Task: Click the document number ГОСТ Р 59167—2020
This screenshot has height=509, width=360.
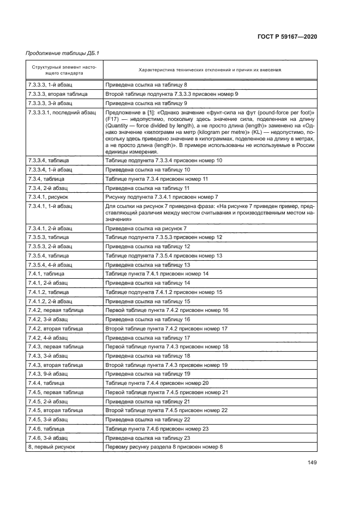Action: point(287,36)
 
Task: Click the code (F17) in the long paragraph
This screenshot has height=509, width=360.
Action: point(113,119)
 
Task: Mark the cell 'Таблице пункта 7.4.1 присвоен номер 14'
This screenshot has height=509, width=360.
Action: point(157,273)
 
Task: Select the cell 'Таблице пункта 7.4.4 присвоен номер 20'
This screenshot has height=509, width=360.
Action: point(157,383)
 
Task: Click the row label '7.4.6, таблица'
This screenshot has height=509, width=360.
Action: point(46,428)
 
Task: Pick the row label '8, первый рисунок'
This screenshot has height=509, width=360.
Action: point(51,446)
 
